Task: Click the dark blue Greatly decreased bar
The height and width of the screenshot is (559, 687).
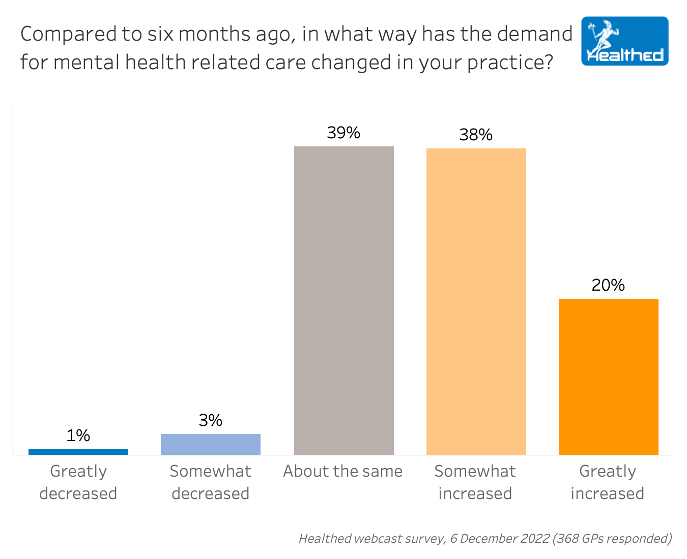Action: tap(78, 452)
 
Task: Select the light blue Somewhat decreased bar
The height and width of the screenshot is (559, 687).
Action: tap(211, 444)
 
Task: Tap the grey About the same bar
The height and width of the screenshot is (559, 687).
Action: tap(344, 300)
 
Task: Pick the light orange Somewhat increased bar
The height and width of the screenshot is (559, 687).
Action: tap(476, 301)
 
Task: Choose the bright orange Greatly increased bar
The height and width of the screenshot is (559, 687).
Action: tap(609, 377)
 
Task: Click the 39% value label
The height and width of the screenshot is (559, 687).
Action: tap(343, 133)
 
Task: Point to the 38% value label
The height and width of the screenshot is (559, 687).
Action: tap(476, 135)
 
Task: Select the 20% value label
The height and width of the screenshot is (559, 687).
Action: tap(608, 285)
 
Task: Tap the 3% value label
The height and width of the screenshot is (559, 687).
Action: tap(211, 420)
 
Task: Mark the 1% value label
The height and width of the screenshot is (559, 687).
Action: tap(78, 436)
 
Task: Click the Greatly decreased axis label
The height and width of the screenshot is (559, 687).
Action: tap(78, 482)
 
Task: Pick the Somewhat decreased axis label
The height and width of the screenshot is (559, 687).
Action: tap(211, 482)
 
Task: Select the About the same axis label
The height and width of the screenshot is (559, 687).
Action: tap(343, 472)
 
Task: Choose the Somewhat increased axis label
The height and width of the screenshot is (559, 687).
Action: tap(475, 482)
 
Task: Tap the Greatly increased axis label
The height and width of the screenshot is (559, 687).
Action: tap(608, 482)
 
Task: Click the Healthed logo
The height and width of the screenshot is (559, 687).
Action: tap(625, 42)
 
